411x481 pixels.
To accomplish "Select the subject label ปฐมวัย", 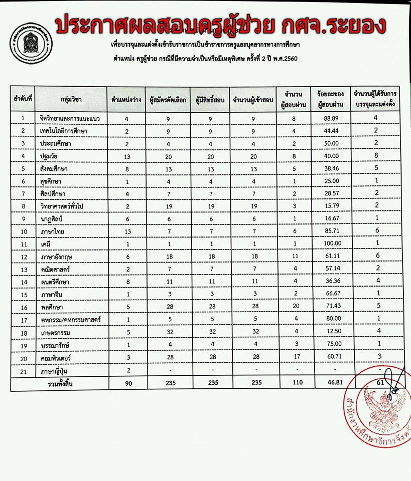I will coord(51,156).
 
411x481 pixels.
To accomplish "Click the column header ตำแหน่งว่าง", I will coord(126,100).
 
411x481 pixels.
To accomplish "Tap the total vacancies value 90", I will coord(127,384).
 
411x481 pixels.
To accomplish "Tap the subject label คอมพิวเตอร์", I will coord(58,357).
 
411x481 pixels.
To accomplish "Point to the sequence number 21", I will coord(23,371).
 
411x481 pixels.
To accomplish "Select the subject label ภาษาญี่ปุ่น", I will coord(57,371).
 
